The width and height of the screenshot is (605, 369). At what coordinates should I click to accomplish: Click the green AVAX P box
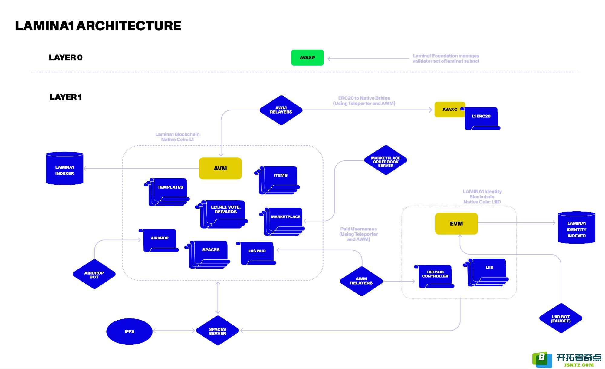tap(307, 58)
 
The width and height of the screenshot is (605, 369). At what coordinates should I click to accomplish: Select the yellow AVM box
tap(220, 168)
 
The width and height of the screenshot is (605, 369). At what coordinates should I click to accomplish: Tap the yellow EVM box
tap(456, 224)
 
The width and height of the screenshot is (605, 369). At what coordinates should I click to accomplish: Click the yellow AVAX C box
tap(450, 109)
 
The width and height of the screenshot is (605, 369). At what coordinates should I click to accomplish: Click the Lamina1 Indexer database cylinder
tap(64, 168)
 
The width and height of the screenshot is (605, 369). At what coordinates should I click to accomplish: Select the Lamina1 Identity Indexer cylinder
tap(577, 228)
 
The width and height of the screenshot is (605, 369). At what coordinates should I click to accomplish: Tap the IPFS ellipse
tap(129, 331)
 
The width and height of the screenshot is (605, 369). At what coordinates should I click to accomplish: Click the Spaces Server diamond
tap(218, 331)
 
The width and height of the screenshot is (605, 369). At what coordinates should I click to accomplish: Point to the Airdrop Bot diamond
tap(94, 274)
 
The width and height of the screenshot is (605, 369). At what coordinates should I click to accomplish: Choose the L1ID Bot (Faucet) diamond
tap(561, 318)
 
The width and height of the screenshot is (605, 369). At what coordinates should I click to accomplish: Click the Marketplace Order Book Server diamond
tap(386, 160)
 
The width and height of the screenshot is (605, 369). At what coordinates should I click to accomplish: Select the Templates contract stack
tap(167, 192)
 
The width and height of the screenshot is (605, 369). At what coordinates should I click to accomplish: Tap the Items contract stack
tap(277, 180)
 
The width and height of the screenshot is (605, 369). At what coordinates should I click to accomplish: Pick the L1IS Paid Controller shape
tap(434, 276)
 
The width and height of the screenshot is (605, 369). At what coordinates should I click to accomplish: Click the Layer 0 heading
tap(66, 58)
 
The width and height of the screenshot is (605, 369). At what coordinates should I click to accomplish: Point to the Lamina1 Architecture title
tap(98, 26)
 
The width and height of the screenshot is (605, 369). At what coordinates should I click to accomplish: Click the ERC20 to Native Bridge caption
tap(364, 100)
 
